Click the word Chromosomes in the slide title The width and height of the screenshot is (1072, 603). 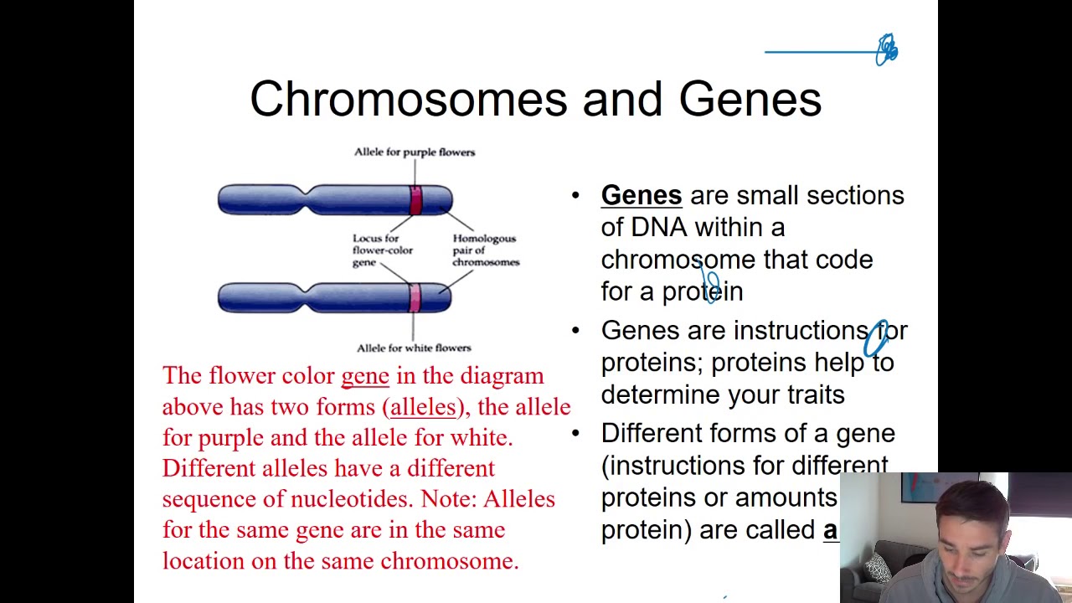408,99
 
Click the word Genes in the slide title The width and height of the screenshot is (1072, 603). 750,99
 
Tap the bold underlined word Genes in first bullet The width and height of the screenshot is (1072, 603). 641,195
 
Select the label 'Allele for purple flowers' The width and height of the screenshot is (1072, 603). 414,152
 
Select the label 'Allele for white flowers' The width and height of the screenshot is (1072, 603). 414,348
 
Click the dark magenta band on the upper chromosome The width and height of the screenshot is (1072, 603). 416,200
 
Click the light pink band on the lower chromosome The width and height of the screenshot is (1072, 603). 415,297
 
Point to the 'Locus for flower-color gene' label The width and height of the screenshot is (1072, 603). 382,250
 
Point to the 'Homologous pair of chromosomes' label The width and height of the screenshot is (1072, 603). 485,250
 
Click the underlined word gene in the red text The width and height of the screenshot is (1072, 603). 364,376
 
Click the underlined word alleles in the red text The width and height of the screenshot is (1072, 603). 423,407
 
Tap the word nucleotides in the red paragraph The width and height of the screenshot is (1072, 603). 351,499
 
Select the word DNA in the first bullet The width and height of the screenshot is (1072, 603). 658,227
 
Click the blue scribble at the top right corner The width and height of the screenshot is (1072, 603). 886,50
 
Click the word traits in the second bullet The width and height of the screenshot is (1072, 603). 816,394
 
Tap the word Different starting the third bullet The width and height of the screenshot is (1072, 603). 651,433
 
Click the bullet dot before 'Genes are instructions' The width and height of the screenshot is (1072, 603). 575,331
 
